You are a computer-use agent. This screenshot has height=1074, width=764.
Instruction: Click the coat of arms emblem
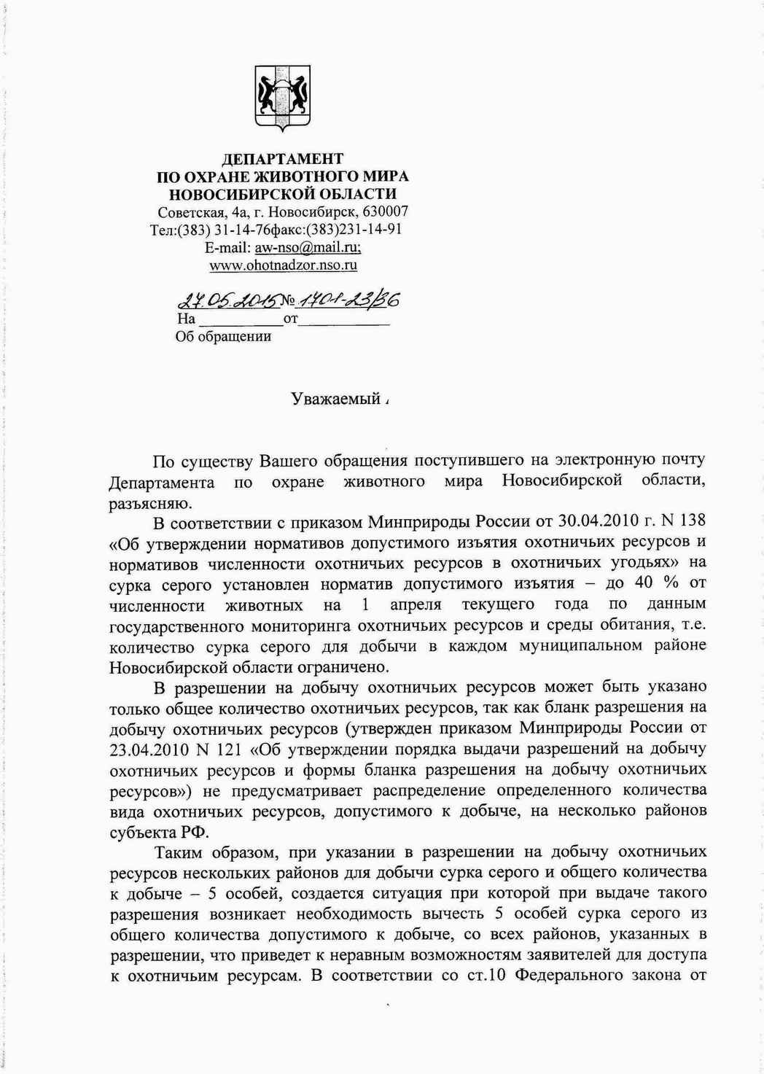click(282, 98)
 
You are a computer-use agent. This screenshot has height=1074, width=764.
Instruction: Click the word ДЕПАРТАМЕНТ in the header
click(282, 159)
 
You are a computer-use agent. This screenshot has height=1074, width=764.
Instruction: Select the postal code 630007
click(385, 212)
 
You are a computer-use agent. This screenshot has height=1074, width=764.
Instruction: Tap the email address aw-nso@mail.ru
click(303, 248)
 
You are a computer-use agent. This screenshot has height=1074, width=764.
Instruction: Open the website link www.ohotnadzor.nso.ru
click(283, 265)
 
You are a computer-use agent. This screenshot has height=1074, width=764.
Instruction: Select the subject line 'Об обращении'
click(223, 336)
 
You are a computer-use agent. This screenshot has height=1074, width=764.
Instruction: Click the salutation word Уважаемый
click(335, 399)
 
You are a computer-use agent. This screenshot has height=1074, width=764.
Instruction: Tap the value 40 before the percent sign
click(644, 583)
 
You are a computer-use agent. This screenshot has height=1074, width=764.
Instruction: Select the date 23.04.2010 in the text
click(150, 749)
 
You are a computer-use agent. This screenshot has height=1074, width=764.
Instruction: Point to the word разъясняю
click(150, 503)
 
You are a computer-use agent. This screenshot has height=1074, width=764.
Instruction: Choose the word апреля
click(416, 604)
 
